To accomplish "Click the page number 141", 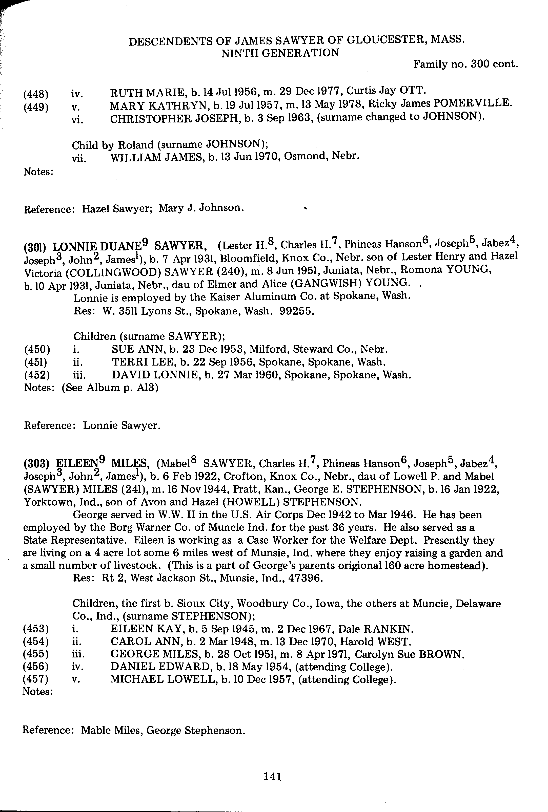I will click(x=273, y=776).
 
